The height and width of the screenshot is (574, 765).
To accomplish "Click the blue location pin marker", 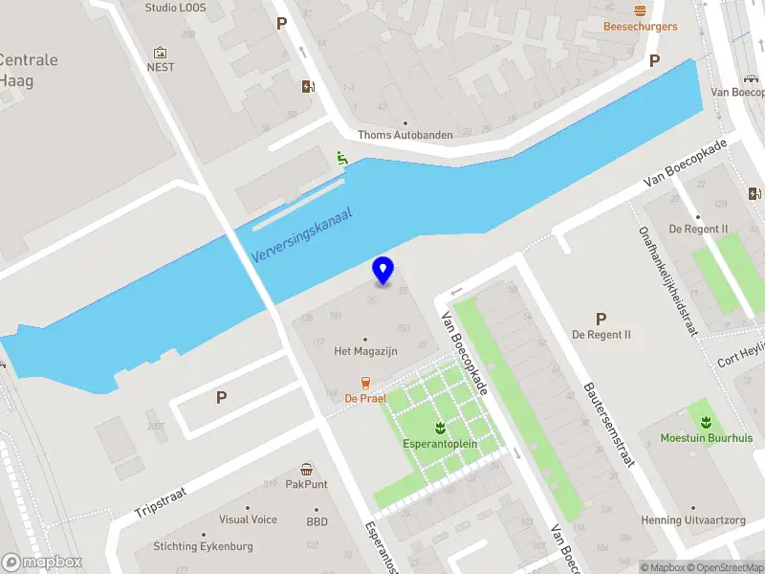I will [383, 270].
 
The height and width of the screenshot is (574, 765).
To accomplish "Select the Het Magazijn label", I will [365, 351].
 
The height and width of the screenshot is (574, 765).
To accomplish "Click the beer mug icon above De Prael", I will [364, 382].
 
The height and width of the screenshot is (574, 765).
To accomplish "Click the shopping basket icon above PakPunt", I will [306, 469].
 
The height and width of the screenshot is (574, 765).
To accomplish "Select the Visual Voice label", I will [248, 519].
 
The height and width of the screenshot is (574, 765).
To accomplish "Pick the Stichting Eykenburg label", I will [194, 546].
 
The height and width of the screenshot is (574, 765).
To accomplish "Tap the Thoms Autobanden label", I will [405, 135].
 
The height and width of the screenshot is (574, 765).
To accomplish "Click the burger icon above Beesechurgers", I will [640, 10].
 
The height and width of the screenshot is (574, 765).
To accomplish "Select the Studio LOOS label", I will [175, 8].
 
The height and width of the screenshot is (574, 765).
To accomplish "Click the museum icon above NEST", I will [160, 52].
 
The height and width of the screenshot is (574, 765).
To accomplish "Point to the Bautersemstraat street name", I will [609, 426].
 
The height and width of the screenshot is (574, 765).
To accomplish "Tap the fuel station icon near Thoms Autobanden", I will [307, 86].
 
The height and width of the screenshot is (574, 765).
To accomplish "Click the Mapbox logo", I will [42, 562].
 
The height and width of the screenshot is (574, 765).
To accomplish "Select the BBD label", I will [317, 522].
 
